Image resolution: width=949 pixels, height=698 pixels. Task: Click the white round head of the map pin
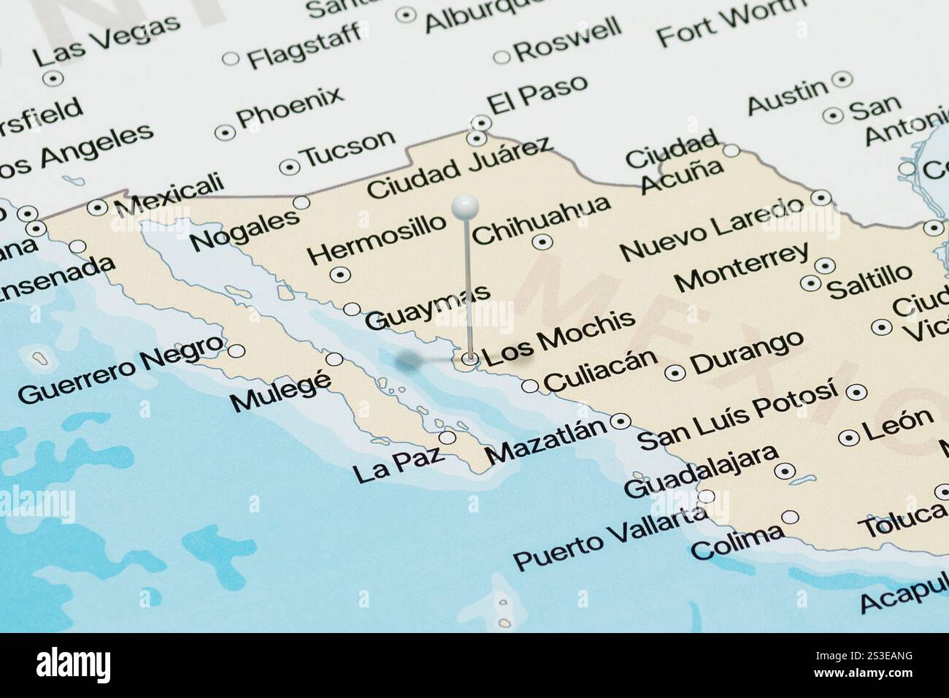(x=464, y=207)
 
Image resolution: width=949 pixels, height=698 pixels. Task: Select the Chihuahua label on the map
(x=541, y=218)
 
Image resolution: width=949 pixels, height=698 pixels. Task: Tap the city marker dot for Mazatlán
(x=621, y=421)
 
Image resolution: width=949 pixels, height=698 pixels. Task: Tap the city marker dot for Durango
(x=676, y=372)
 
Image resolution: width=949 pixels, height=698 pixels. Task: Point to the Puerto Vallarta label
(x=610, y=541)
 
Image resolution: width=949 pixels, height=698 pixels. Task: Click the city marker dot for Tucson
(x=291, y=167)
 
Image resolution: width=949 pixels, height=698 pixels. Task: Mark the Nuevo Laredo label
(x=715, y=228)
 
